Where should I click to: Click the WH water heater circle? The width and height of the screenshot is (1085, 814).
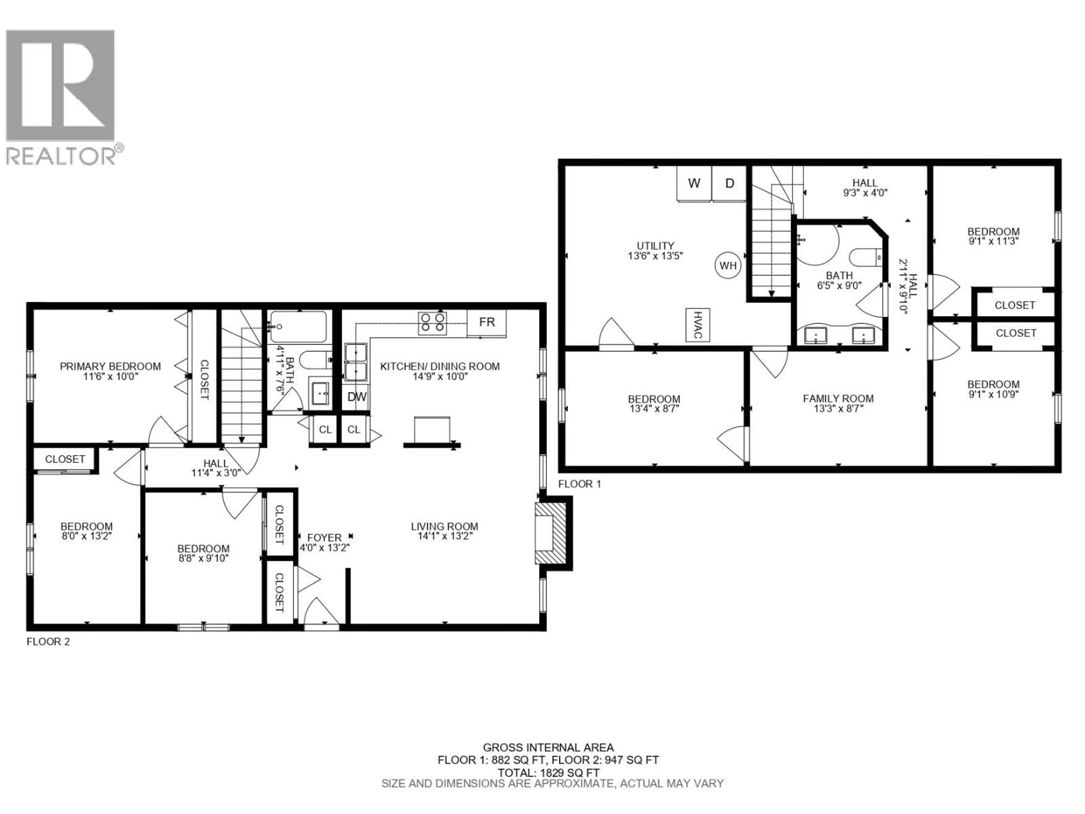(728, 265)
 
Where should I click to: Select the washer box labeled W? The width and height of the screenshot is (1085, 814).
(694, 183)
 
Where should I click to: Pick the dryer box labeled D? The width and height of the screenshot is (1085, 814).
(729, 183)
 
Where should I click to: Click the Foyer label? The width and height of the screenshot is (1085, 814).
(324, 538)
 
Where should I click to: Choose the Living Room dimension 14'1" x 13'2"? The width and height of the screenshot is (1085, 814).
(444, 536)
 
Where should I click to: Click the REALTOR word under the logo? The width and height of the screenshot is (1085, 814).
(61, 156)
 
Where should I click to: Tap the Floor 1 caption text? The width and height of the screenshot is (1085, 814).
(579, 484)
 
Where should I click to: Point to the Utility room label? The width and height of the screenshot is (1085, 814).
(655, 246)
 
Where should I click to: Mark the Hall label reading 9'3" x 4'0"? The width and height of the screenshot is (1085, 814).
(865, 193)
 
